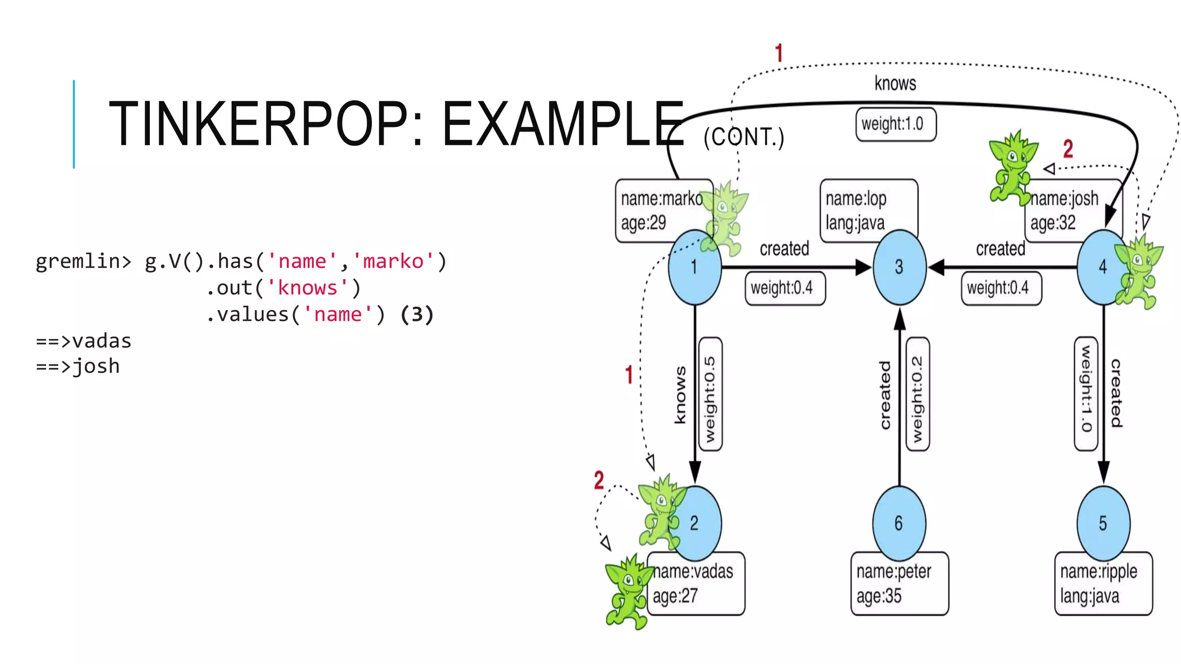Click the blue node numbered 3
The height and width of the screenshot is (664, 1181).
pos(899,267)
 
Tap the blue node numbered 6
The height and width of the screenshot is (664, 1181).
pos(899,523)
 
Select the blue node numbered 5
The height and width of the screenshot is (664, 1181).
pos(1103,523)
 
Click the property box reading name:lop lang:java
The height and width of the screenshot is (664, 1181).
pos(868,210)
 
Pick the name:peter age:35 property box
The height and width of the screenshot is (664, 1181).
pos(899,583)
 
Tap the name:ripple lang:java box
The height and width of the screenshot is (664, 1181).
pos(1103,583)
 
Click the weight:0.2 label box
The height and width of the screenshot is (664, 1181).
pos(917,394)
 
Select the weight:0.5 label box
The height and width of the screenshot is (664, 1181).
pos(710,394)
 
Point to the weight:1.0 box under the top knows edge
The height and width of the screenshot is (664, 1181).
pos(895,124)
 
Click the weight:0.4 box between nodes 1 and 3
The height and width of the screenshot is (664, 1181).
pos(784,288)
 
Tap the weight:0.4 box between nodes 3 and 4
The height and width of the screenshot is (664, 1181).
pos(1001,288)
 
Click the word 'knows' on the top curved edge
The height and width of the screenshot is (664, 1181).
pos(895,84)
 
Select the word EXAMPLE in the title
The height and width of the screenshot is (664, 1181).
pos(562,124)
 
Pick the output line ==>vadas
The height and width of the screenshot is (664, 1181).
pos(84,341)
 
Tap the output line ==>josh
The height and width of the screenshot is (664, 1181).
pos(78,367)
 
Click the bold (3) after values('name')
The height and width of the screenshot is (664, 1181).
pos(416,315)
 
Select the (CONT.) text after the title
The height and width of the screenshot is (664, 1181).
pos(744,137)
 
